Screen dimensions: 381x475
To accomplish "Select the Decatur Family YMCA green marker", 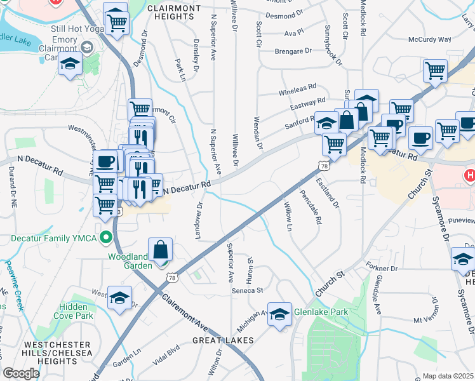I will tap(107, 239).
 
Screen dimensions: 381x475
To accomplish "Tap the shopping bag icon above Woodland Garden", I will tap(161, 250).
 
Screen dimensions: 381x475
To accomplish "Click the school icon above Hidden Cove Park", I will tap(119, 298).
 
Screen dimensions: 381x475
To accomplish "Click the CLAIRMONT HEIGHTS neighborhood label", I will tap(173, 8).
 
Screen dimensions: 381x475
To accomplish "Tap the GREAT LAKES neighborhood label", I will tap(223, 340).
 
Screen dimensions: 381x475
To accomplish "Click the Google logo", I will tap(21, 373).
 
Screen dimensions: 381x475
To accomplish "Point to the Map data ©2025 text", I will tap(448, 376).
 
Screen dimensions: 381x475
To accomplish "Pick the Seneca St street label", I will tap(246, 290).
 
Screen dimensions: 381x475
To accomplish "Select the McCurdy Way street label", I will tap(429, 39).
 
